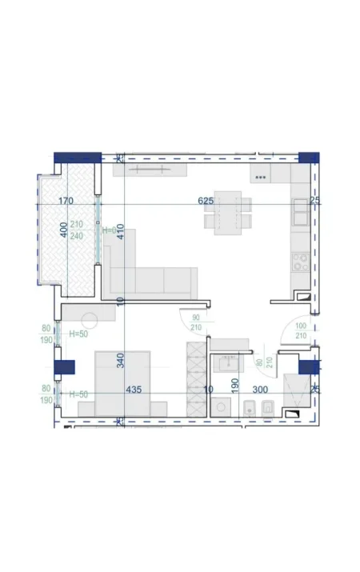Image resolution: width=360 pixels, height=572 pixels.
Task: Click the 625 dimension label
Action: click(206, 201)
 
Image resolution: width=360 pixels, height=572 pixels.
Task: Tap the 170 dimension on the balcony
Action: click(66, 201)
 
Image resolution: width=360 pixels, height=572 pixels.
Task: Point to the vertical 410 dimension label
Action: click(120, 233)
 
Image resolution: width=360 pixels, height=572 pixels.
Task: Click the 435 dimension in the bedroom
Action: click(134, 390)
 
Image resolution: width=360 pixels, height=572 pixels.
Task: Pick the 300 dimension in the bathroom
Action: click(261, 390)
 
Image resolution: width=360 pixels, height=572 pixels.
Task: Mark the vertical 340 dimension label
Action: click(120, 360)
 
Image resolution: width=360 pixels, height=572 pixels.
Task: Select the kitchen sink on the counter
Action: click(301, 211)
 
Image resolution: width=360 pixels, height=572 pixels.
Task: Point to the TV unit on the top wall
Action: click(150, 170)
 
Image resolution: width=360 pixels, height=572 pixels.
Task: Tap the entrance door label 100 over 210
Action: click(301, 330)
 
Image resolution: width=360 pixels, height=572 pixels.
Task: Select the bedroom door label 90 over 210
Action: click(195, 322)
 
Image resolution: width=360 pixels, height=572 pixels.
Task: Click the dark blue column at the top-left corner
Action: click(77, 158)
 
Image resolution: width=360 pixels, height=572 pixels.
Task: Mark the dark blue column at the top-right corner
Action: click(308, 158)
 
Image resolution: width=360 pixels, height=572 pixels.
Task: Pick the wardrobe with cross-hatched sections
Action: click(195, 378)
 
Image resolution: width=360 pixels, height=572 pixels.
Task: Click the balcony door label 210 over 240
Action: click(77, 230)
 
